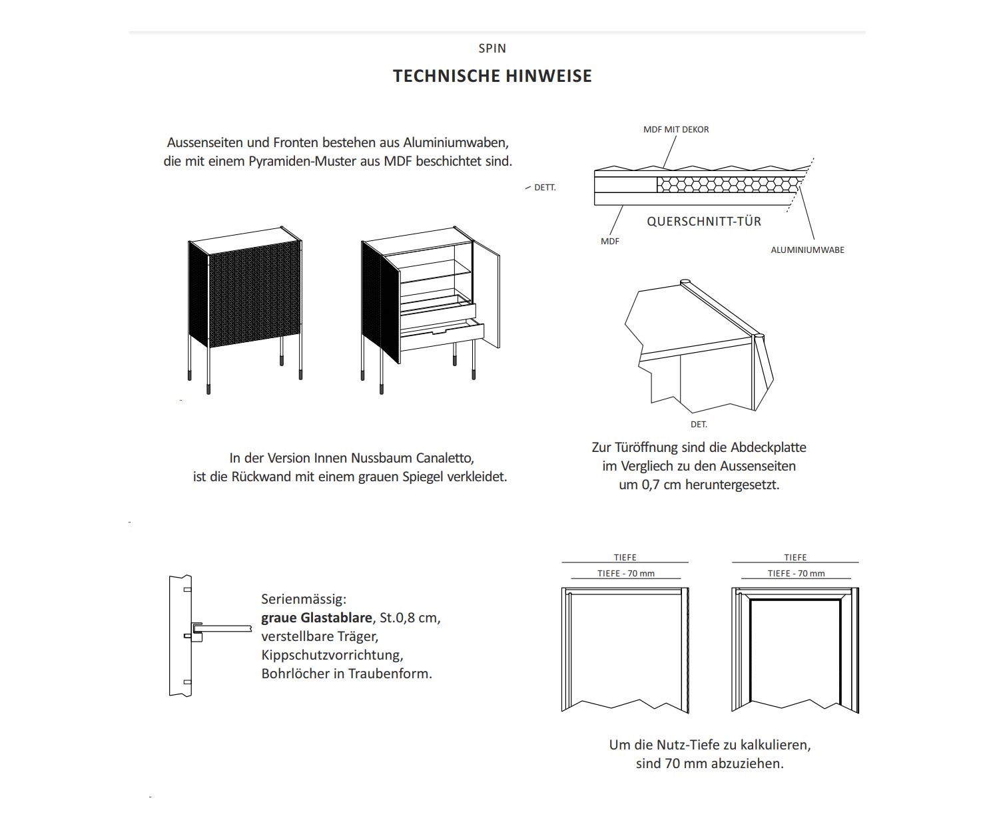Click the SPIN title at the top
coord(492,49)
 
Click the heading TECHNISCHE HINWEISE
coord(492,76)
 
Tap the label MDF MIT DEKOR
coord(676,130)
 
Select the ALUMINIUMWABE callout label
coord(807,250)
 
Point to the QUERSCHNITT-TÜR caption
coord(704,222)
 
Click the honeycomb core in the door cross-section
coord(726,184)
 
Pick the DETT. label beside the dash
coord(545,188)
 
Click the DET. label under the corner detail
coord(699,425)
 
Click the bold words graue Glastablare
coord(316,618)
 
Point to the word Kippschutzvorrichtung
coord(332,655)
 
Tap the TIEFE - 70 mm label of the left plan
coord(626,574)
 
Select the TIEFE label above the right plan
coord(795,558)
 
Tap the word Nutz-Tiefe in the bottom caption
coord(687,745)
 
